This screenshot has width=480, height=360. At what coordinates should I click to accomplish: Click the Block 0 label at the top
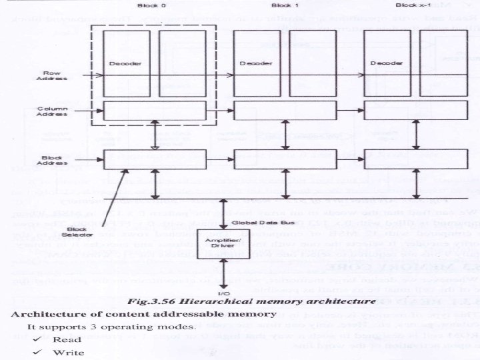click(149, 6)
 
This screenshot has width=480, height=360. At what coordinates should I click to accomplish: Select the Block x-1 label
click(409, 6)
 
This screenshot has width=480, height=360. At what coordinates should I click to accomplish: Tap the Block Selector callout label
click(73, 233)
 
